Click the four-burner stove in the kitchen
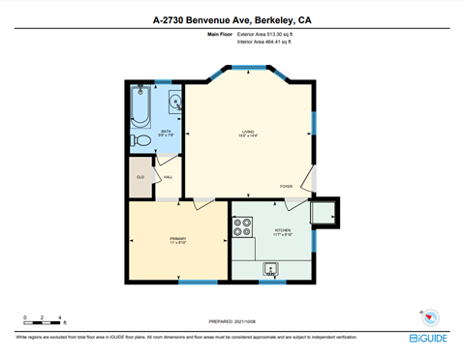coord(242,227)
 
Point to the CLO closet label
coord(140,177)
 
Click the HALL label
coord(168,177)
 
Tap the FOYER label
coord(286,186)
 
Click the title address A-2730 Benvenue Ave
coord(232,18)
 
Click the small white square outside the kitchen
coord(323,212)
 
